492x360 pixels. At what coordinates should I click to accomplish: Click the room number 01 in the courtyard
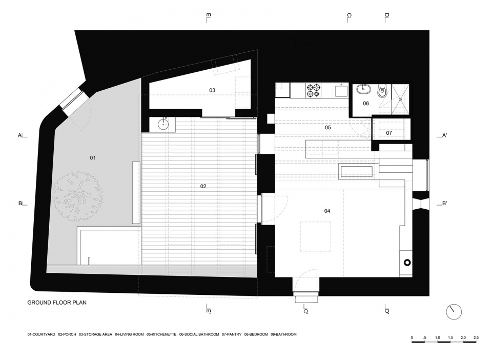(x=93, y=158)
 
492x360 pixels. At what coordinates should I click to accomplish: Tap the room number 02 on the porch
(x=203, y=187)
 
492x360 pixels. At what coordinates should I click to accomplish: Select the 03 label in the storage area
(x=212, y=90)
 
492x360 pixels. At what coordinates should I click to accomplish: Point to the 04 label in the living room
(x=327, y=211)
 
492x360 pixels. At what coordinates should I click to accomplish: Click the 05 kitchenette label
(x=328, y=128)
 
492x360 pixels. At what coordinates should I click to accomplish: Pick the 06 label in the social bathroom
(x=366, y=104)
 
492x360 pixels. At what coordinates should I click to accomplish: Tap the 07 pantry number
(x=389, y=133)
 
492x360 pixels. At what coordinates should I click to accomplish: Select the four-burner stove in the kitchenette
(x=314, y=90)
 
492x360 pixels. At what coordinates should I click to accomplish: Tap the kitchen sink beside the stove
(x=341, y=90)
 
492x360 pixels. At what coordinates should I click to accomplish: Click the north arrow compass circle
(x=454, y=312)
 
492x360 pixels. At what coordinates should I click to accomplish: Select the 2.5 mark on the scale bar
(x=476, y=338)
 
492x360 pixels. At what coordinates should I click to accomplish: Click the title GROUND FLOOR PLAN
(x=57, y=303)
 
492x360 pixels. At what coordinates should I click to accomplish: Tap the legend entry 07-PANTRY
(x=232, y=334)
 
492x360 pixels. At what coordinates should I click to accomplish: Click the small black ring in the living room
(x=407, y=263)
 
